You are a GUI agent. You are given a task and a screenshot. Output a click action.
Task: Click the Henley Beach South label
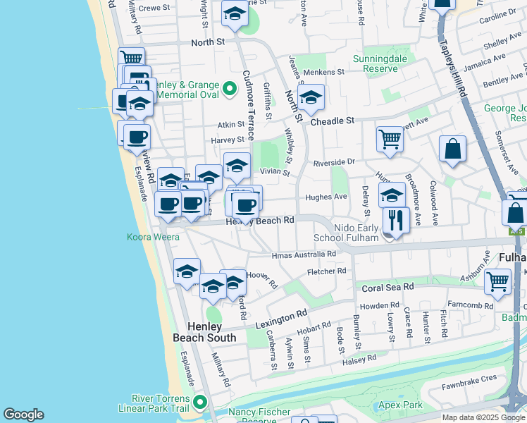(x=205, y=332)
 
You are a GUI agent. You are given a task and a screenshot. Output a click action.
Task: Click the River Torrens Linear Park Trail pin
(x=200, y=403)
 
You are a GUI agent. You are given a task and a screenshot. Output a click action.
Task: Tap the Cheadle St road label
(x=333, y=121)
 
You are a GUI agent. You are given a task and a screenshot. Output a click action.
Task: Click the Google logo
(x=23, y=415)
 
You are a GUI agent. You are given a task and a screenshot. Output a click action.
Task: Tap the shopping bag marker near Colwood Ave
(x=452, y=149)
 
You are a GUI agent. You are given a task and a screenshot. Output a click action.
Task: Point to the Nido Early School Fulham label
(x=347, y=233)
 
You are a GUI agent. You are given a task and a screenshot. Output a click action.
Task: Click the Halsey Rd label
(x=360, y=359)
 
